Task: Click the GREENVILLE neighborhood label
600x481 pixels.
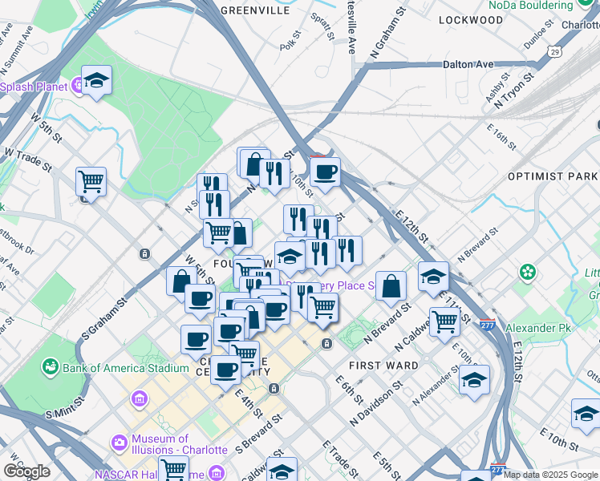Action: pyautogui.click(x=254, y=11)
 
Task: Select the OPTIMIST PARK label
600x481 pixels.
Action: pyautogui.click(x=553, y=176)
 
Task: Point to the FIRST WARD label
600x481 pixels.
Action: pyautogui.click(x=383, y=366)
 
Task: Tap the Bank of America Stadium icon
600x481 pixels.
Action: pyautogui.click(x=51, y=368)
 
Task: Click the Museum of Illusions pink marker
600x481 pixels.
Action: pyautogui.click(x=120, y=442)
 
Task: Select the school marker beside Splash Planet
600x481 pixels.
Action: pyautogui.click(x=96, y=80)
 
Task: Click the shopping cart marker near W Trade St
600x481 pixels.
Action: pyautogui.click(x=91, y=181)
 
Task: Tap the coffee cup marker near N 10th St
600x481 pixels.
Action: pyautogui.click(x=325, y=172)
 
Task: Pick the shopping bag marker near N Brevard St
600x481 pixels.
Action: pyautogui.click(x=391, y=286)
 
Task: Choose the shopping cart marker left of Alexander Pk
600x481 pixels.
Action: pyautogui.click(x=444, y=321)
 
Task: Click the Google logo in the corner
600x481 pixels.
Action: pyautogui.click(x=26, y=471)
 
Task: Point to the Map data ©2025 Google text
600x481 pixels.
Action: pyautogui.click(x=550, y=475)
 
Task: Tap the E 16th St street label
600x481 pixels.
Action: pyautogui.click(x=505, y=138)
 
